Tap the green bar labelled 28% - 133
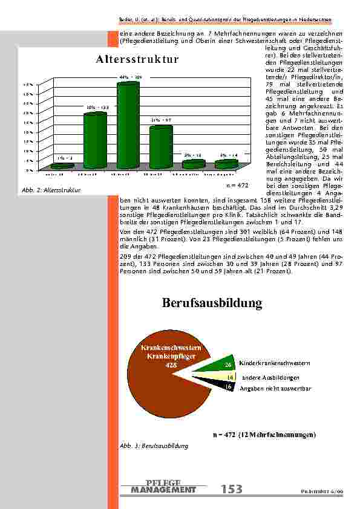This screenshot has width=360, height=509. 95,140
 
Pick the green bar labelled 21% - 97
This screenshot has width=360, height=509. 160,147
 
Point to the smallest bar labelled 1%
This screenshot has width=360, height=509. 62,166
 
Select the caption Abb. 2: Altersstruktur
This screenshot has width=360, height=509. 46,191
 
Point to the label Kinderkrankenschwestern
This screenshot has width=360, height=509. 275,363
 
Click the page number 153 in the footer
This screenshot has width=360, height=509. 231,489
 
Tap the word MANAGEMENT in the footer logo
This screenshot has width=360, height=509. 163,490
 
